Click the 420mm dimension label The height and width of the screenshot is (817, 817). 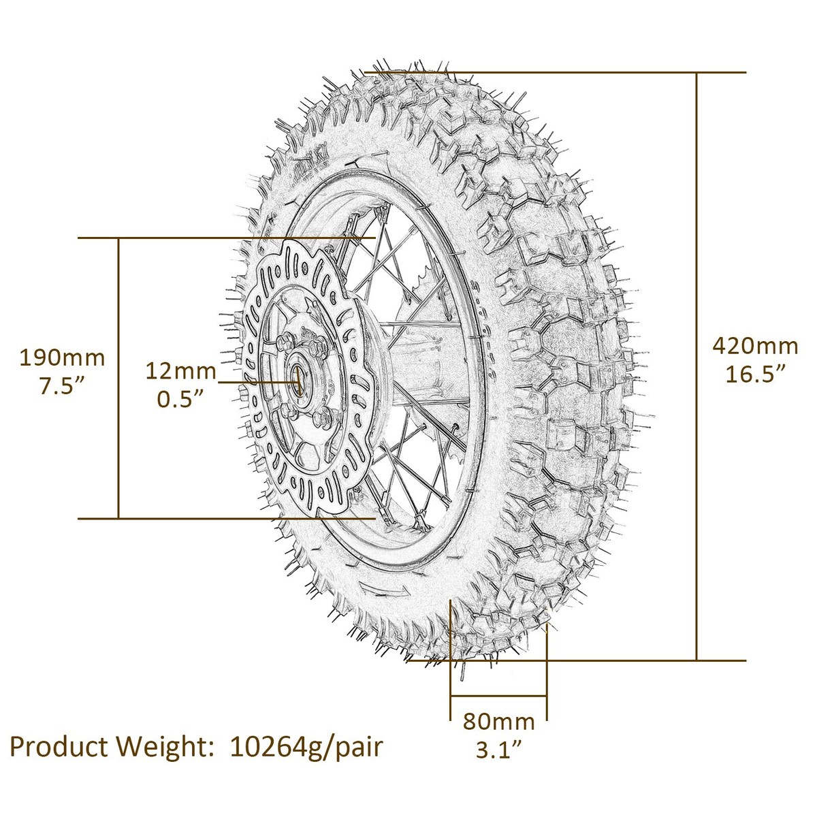(754, 346)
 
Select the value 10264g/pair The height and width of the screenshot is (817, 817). (306, 746)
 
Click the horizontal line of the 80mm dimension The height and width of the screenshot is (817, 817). (498, 696)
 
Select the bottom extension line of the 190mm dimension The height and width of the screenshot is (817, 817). (225, 519)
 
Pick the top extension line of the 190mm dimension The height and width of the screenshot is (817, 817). (225, 238)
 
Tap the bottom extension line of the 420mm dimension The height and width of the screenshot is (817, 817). (613, 660)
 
